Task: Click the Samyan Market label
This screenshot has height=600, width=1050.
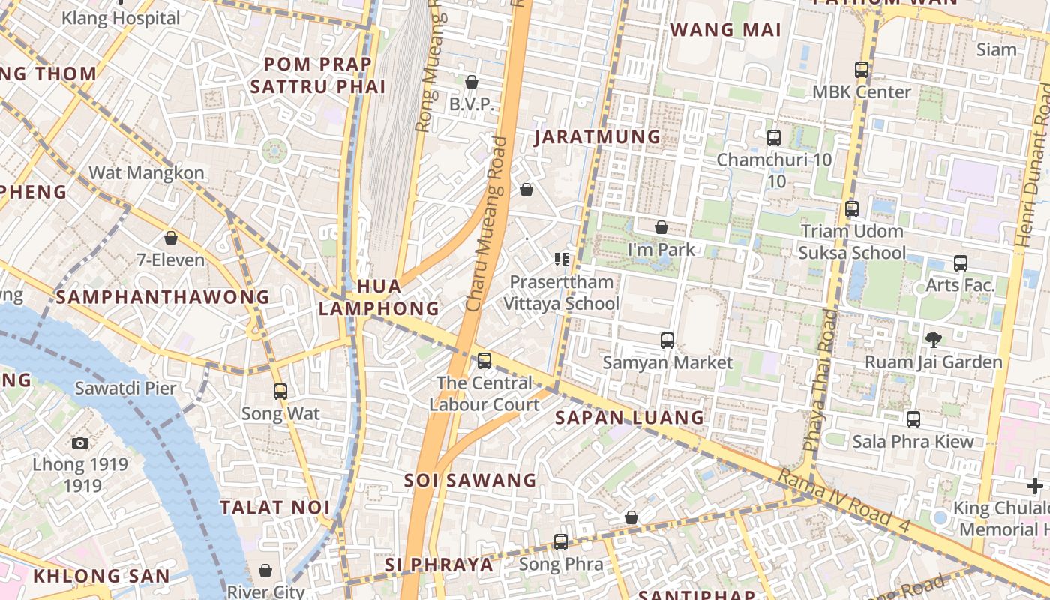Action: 667,362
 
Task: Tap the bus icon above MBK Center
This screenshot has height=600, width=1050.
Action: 862,70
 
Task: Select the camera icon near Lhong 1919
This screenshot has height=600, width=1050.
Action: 80,442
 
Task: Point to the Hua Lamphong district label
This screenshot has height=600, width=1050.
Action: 379,297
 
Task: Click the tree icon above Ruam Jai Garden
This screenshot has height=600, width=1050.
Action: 934,339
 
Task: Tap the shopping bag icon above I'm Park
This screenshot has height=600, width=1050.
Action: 661,226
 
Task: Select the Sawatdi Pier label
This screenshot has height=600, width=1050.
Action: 125,388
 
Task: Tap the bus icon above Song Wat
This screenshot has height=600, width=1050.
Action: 280,391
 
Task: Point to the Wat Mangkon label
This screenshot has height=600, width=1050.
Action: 146,173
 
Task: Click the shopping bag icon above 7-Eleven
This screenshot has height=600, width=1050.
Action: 171,238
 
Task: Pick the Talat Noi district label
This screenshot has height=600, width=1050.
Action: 275,508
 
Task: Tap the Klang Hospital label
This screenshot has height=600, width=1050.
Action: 121,18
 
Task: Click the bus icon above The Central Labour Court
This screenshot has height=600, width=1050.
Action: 484,360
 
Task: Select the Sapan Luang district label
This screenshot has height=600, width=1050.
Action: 630,418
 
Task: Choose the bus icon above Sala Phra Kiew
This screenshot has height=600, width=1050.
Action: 913,418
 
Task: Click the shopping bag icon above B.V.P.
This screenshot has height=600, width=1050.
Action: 472,82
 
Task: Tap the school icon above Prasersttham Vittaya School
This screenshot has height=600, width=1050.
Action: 562,259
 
